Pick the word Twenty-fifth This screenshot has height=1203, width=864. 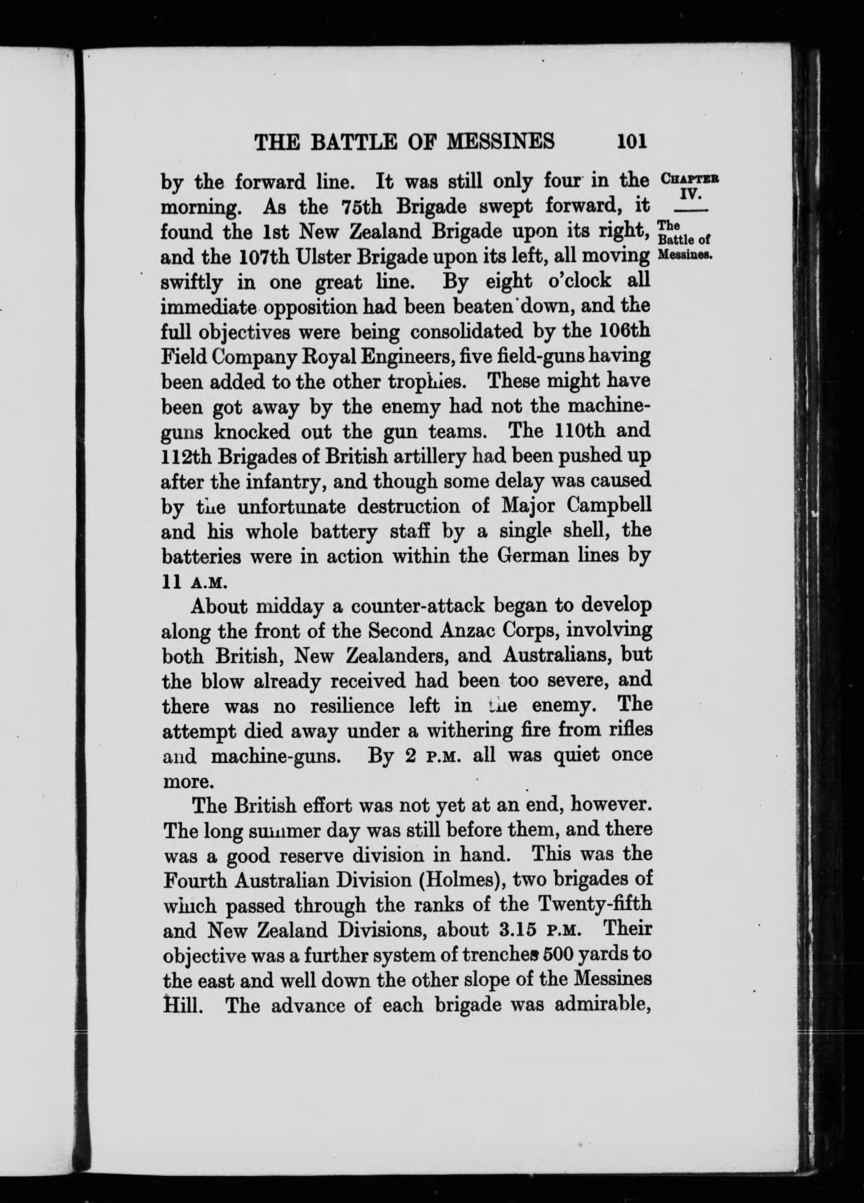(591, 905)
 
